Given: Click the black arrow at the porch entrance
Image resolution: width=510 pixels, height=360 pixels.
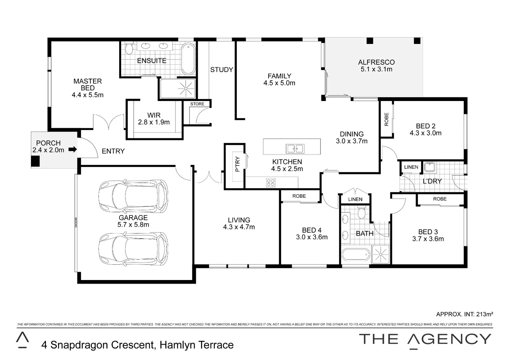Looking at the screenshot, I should pos(72,150).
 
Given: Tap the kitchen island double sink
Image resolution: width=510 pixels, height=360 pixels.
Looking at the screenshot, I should pos(295,148).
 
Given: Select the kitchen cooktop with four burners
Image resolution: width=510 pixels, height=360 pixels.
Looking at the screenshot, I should pos(271,182).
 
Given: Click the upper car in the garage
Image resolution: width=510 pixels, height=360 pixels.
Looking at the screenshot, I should pos(133,196).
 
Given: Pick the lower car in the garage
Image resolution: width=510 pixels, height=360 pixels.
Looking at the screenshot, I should pos(133,249).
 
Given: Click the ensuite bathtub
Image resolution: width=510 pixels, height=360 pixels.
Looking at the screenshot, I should pos(188,59).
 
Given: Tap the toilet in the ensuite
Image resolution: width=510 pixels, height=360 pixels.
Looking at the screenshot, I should pos(129,49).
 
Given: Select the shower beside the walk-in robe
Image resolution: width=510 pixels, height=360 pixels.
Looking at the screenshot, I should pos(177,89).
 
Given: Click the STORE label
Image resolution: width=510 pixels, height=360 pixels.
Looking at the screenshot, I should pos(197,104).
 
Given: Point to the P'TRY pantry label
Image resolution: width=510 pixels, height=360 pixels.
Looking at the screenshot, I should pos(237,164).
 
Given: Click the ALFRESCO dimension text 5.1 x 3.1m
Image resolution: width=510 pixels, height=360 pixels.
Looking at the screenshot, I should pos(376,69).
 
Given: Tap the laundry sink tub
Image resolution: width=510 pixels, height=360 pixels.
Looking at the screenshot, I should pos(429,167).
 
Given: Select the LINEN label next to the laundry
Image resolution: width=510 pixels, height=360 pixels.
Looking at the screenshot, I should pos(411,167).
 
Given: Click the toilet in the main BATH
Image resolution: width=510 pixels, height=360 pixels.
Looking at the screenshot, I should pos(361,212).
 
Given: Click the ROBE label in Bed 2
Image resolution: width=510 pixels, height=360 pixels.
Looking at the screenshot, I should pos(387,119).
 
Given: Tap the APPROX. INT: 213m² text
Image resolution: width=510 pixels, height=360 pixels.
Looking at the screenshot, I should pos(464,314).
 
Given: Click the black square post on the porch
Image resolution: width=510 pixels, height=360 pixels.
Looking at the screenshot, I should pos(35,162).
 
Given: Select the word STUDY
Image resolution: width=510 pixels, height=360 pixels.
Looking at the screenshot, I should pos(221,70).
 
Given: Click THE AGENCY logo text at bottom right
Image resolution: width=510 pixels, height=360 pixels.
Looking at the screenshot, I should pos(425,339).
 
